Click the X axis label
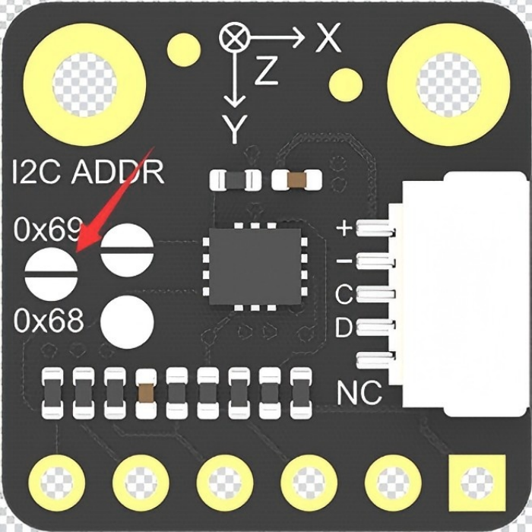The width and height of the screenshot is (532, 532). pyautogui.click(x=328, y=38)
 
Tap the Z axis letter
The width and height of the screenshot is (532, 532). pyautogui.click(x=266, y=71)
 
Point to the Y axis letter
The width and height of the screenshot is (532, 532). pyautogui.click(x=234, y=129)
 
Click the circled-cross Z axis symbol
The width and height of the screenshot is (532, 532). pyautogui.click(x=234, y=37)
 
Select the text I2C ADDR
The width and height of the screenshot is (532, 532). pyautogui.click(x=88, y=172)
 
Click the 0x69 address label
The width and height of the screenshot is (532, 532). pyautogui.click(x=48, y=229)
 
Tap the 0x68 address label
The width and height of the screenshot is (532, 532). pyautogui.click(x=49, y=320)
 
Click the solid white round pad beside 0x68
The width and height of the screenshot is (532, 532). pyautogui.click(x=127, y=322)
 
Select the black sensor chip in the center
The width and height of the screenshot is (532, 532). pyautogui.click(x=255, y=266)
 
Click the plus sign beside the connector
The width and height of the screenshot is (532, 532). pyautogui.click(x=344, y=228)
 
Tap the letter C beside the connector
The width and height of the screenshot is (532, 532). pyautogui.click(x=344, y=294)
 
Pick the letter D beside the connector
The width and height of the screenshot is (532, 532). pyautogui.click(x=344, y=327)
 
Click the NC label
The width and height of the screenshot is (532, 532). pyautogui.click(x=359, y=392)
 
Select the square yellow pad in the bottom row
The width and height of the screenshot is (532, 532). pyautogui.click(x=477, y=483)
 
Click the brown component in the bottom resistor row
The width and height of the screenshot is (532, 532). pyautogui.click(x=146, y=393)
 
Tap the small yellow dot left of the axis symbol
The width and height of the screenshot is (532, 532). pyautogui.click(x=184, y=50)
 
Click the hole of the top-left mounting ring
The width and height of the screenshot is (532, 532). pyautogui.click(x=85, y=85)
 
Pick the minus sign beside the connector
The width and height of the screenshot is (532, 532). pyautogui.click(x=344, y=261)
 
